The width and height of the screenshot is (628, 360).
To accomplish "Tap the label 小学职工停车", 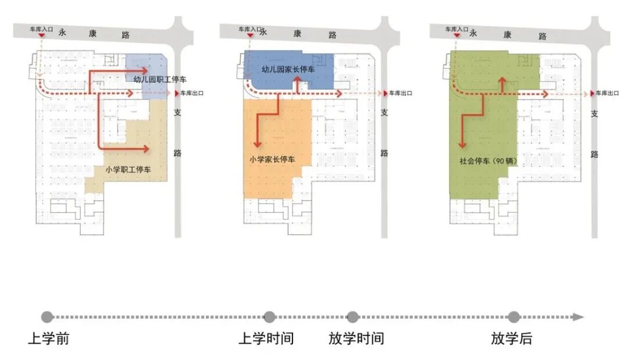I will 129,170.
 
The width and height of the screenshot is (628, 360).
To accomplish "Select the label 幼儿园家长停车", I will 288,70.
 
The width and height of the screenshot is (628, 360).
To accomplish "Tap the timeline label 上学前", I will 48,338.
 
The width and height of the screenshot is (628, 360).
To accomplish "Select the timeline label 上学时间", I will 266,338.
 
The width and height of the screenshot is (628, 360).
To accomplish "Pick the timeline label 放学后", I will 511,338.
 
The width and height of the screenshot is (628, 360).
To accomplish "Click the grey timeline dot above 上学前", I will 47,317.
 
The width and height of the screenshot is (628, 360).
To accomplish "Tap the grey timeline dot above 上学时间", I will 269,317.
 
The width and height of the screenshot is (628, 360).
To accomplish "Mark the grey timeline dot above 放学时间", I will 352,317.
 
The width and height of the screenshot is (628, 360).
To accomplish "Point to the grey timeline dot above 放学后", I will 513,317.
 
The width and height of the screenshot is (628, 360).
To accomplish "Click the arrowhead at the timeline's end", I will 578,317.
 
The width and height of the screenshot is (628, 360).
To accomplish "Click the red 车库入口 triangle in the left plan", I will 41,37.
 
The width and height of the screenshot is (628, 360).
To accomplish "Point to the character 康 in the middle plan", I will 297,34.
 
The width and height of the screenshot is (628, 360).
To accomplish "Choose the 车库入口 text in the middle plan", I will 249,28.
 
